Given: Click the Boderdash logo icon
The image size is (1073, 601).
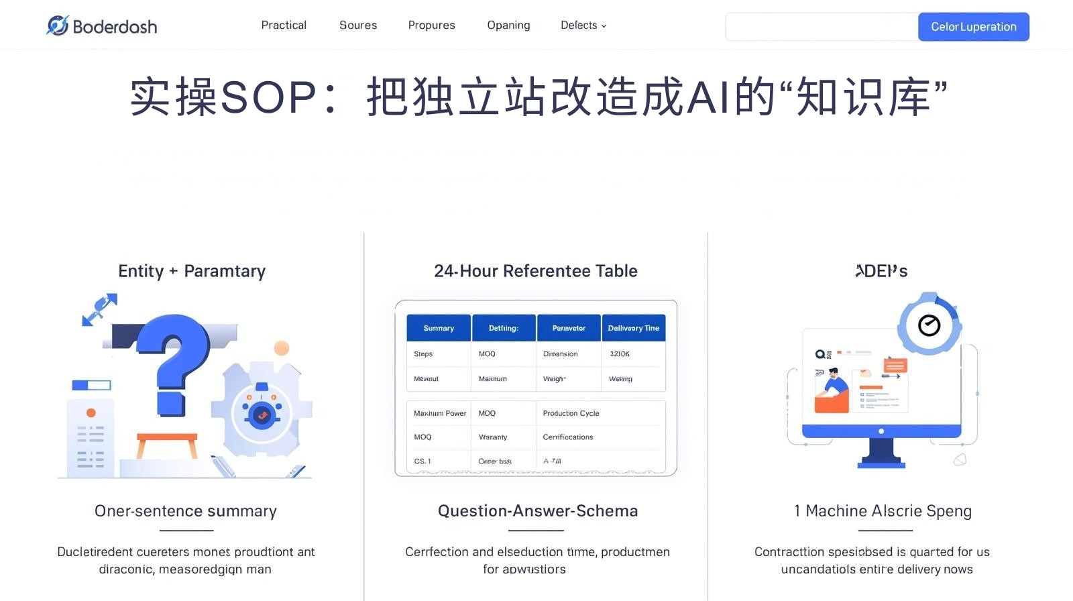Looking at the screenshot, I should tap(58, 25).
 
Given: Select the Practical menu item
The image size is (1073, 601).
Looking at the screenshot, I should tap(284, 25).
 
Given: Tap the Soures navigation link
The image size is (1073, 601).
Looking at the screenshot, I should tap(358, 25).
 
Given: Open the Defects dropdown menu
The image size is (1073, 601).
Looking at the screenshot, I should tap(583, 25).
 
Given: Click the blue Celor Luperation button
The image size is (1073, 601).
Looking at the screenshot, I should tap(973, 27).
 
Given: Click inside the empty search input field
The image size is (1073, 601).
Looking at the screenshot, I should tap(822, 27).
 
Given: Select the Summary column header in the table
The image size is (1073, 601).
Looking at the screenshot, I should tap(439, 328).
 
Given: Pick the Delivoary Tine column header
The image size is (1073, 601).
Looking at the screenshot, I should tap(633, 328).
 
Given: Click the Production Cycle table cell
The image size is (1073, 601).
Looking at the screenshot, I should tap(571, 413).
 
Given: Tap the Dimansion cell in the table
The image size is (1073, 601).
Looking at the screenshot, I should tap(560, 353).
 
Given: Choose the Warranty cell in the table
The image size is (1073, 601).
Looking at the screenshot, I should tap(493, 437).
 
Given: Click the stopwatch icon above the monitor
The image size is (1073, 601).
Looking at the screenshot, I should tap(929, 325).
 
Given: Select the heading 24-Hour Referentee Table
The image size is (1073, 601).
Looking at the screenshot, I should tap(535, 271).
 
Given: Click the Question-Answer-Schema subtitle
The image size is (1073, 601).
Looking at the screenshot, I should tap(537, 511).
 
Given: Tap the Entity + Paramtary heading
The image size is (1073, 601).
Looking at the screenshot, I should tap(192, 271).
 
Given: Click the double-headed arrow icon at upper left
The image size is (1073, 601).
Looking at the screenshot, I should tap(99, 309).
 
